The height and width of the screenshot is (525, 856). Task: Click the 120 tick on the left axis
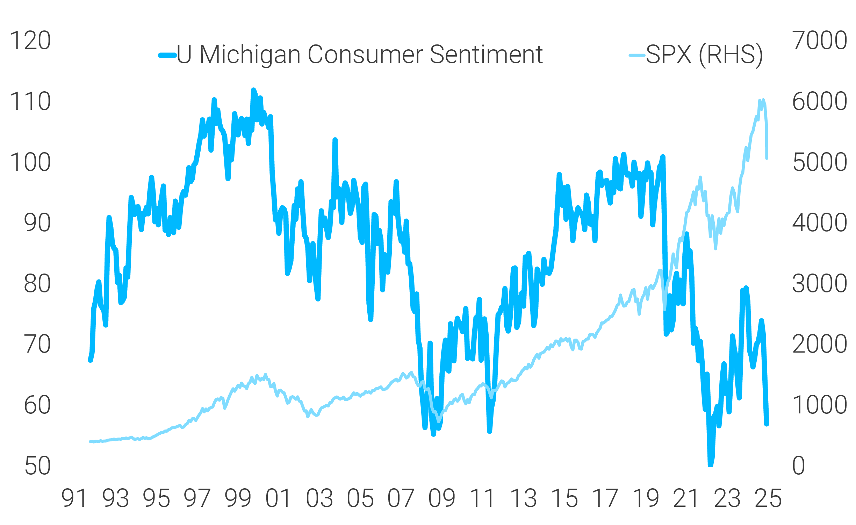click(30, 41)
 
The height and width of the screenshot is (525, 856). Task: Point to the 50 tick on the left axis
click(37, 466)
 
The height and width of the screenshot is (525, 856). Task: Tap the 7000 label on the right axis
click(819, 41)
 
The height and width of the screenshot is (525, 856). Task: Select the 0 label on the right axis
click(799, 466)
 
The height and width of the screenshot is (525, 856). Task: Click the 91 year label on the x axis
click(74, 498)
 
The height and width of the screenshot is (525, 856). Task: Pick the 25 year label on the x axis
click(768, 498)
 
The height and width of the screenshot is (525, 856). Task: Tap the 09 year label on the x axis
click(442, 498)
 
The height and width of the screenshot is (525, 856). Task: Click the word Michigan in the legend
click(250, 55)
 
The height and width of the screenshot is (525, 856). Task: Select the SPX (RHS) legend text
click(704, 55)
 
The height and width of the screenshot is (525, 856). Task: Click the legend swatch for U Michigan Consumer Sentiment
click(167, 55)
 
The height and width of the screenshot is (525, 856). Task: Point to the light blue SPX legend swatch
click(637, 55)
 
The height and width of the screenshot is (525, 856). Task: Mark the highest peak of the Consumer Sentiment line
click(253, 90)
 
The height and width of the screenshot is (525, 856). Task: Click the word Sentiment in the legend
click(486, 55)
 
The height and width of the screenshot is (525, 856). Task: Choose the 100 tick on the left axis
click(30, 163)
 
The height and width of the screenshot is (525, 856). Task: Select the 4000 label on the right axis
click(819, 223)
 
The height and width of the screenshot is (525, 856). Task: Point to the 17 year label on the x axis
click(605, 498)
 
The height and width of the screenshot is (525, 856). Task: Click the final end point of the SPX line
click(767, 158)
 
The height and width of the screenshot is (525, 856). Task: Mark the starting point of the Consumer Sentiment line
click(90, 360)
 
